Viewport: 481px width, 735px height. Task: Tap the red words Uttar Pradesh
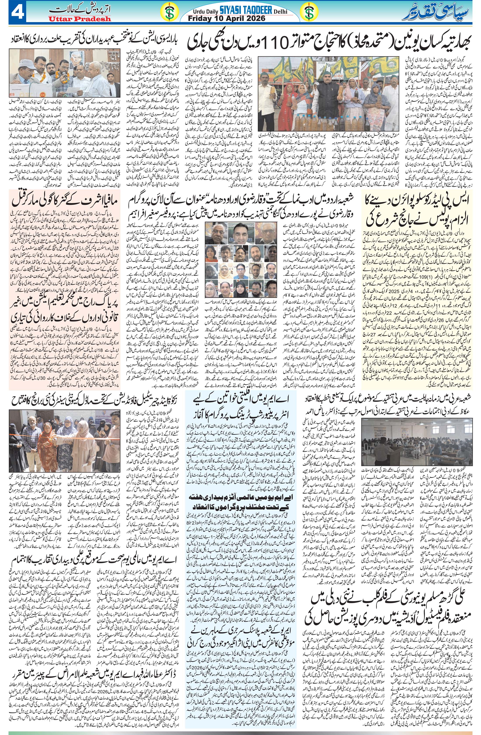pos(79,19)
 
